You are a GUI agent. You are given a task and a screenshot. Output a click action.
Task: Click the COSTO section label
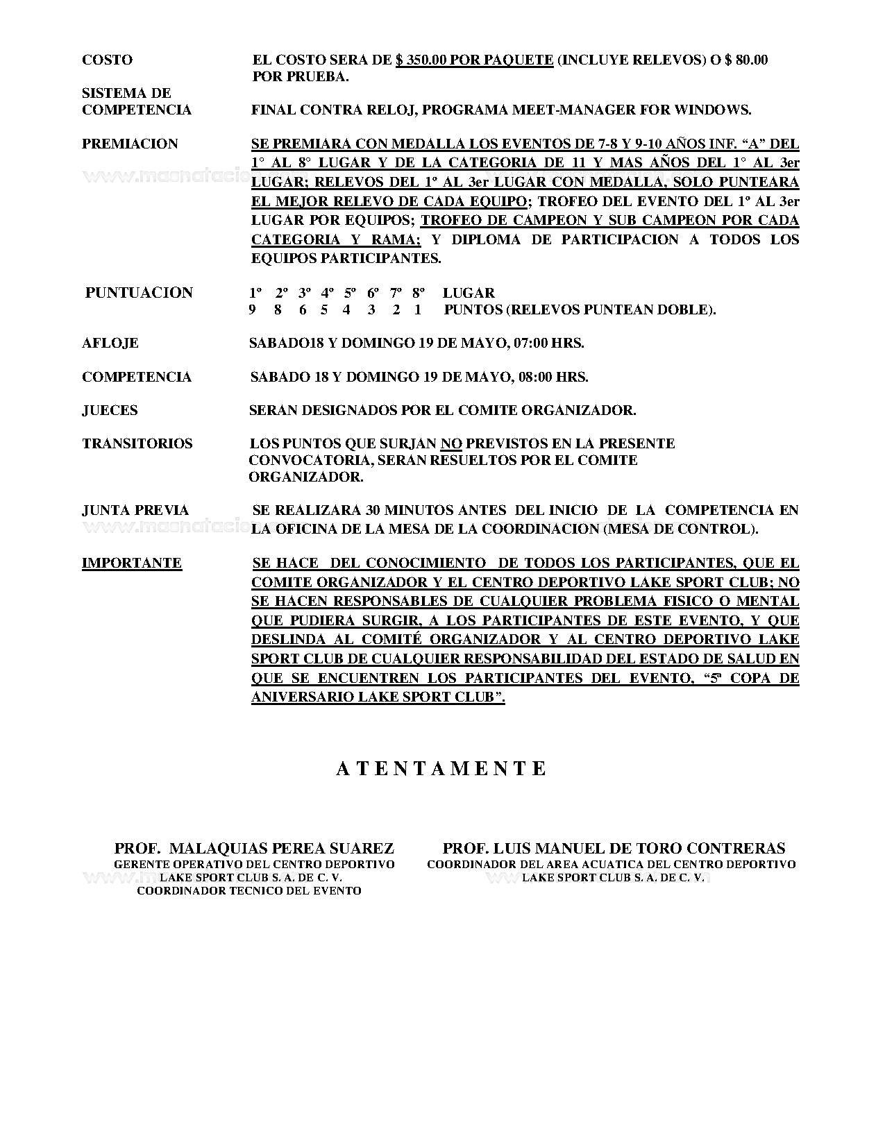tap(107, 60)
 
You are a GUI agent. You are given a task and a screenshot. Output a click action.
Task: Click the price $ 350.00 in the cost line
tap(421, 60)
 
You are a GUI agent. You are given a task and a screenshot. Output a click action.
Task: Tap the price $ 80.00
tap(746, 60)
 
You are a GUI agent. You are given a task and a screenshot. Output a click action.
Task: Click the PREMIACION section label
tap(130, 144)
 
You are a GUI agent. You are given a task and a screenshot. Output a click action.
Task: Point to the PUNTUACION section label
tap(139, 292)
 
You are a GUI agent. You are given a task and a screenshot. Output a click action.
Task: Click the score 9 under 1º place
tap(252, 309)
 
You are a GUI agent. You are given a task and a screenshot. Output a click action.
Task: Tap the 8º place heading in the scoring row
tap(418, 293)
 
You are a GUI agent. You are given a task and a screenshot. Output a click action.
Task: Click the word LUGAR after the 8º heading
tap(469, 293)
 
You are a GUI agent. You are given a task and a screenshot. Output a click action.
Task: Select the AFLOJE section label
tap(110, 343)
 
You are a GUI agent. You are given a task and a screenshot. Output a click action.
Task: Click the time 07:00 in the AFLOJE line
tap(534, 343)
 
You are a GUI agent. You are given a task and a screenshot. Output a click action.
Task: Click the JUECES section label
tap(110, 410)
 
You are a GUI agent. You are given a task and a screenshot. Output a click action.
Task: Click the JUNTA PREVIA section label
tap(135, 510)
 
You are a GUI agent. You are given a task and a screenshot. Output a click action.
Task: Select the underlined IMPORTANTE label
tap(132, 563)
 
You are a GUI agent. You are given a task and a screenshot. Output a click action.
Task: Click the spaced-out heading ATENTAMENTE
tap(441, 768)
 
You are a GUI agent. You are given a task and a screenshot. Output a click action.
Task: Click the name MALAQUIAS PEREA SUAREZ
tap(282, 848)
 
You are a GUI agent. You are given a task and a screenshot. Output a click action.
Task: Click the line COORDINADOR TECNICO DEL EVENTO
tap(249, 891)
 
